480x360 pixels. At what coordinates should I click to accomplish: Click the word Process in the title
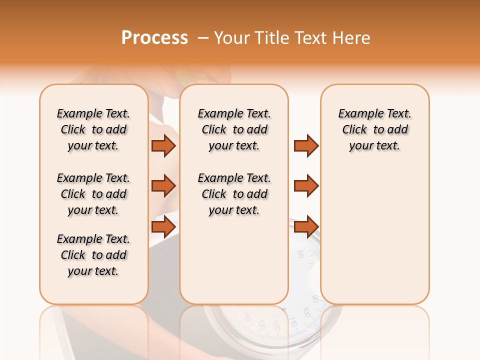tap(154, 38)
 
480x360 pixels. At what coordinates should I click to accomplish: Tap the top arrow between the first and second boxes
tap(163, 145)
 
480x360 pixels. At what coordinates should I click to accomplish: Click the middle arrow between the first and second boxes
tap(163, 186)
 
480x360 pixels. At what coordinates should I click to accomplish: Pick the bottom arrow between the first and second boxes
tap(163, 226)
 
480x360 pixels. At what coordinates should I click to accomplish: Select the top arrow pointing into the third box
tap(306, 145)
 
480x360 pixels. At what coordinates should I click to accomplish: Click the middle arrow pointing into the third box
tap(306, 186)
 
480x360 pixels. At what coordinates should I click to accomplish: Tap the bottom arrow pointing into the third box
tap(306, 226)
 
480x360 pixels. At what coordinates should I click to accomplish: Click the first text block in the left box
tap(93, 129)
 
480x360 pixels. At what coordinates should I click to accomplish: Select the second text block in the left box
tap(93, 194)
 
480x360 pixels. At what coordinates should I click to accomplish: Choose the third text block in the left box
tap(93, 255)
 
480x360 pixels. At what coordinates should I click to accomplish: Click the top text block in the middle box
tap(234, 129)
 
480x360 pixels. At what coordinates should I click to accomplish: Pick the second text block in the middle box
tap(234, 194)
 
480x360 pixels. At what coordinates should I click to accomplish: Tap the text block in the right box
tap(374, 129)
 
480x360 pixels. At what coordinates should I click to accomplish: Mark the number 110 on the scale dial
tap(293, 324)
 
